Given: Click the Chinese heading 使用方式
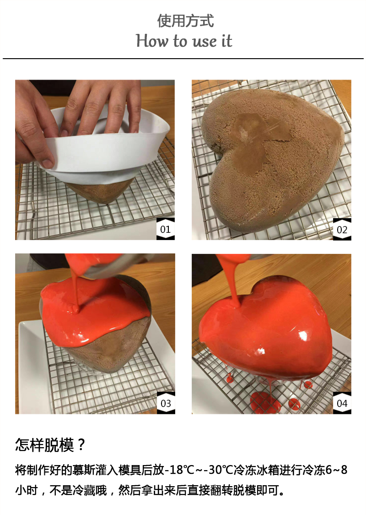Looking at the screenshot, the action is point(185,21).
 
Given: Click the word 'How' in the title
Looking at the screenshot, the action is point(152,41).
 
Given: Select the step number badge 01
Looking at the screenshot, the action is point(165,229).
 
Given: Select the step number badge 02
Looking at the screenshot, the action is point(342,229).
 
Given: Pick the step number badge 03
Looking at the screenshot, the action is point(166,403).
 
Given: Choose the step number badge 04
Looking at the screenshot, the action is point(342,403).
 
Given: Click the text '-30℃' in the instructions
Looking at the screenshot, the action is point(219,470).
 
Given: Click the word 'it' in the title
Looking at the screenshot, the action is point(226,41).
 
